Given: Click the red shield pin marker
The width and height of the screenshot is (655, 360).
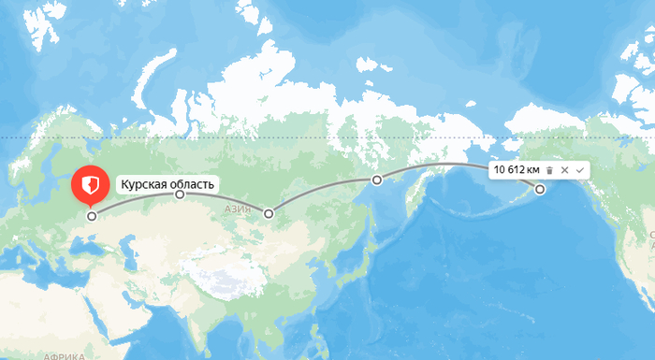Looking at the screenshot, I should (x=91, y=184).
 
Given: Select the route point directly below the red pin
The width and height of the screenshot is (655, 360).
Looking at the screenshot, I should (x=92, y=216).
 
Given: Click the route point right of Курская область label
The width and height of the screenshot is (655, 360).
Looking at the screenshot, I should (x=181, y=195).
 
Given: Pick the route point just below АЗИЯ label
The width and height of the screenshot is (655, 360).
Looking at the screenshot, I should (x=269, y=214).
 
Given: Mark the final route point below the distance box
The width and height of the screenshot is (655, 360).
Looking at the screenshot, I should (x=540, y=190).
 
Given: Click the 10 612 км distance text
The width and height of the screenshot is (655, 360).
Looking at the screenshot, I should (x=517, y=169).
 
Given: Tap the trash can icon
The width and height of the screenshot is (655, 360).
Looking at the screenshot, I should (x=550, y=169).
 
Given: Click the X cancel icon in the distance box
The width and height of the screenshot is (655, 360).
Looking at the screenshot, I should (x=565, y=169).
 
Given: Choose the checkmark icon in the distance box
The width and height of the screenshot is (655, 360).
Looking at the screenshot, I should (x=580, y=169).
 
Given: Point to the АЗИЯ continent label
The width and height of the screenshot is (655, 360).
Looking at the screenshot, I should (x=239, y=209).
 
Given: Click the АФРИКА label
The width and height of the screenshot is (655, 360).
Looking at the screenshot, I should (x=64, y=355).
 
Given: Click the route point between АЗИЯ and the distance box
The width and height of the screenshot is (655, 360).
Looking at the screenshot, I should (x=376, y=180).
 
